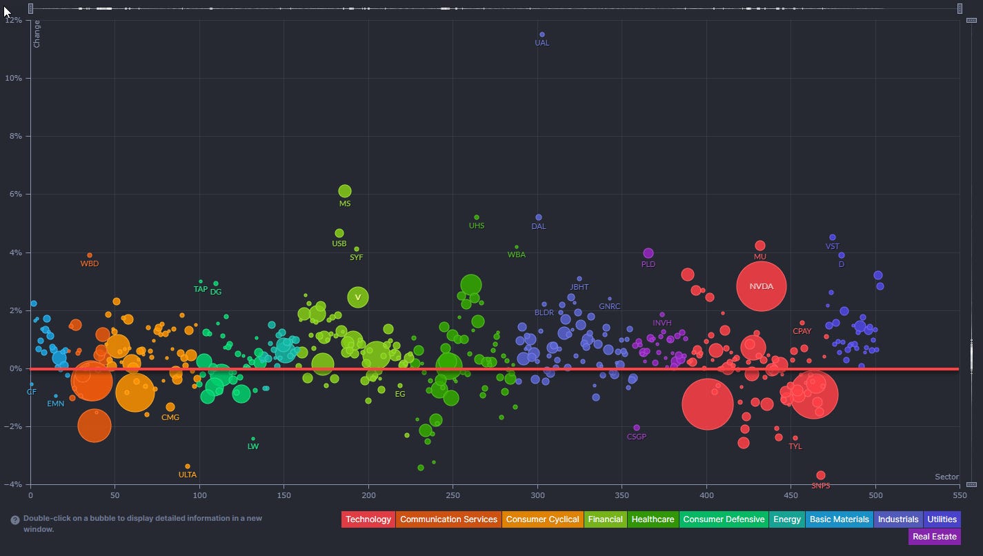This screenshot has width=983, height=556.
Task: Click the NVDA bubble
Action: (x=761, y=286)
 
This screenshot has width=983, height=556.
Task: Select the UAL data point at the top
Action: (x=542, y=34)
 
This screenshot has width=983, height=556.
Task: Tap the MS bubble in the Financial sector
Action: (x=345, y=191)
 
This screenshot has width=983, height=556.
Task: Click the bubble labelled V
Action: (x=357, y=297)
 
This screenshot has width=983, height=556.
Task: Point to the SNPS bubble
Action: (x=821, y=475)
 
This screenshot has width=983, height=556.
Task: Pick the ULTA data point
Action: (x=188, y=466)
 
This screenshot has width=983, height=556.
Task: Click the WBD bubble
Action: (x=90, y=255)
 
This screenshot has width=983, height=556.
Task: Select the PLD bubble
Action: (x=648, y=253)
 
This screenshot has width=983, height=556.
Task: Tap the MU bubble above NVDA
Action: (x=760, y=246)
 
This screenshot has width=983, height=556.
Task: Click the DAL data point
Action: (x=539, y=218)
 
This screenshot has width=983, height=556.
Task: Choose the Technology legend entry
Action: (x=368, y=519)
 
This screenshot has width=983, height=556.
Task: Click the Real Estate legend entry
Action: (x=934, y=536)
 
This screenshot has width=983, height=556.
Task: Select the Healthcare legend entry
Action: (x=653, y=519)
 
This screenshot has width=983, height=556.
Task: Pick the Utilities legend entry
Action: (x=942, y=519)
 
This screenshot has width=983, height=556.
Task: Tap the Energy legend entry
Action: (x=786, y=519)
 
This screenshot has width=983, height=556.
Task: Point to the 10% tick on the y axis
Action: (x=13, y=79)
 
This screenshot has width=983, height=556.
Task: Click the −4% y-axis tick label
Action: (x=13, y=484)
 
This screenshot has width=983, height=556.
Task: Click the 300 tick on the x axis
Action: (x=537, y=495)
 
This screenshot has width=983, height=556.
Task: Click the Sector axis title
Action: (x=946, y=477)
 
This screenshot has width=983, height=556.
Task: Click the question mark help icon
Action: (x=15, y=520)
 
